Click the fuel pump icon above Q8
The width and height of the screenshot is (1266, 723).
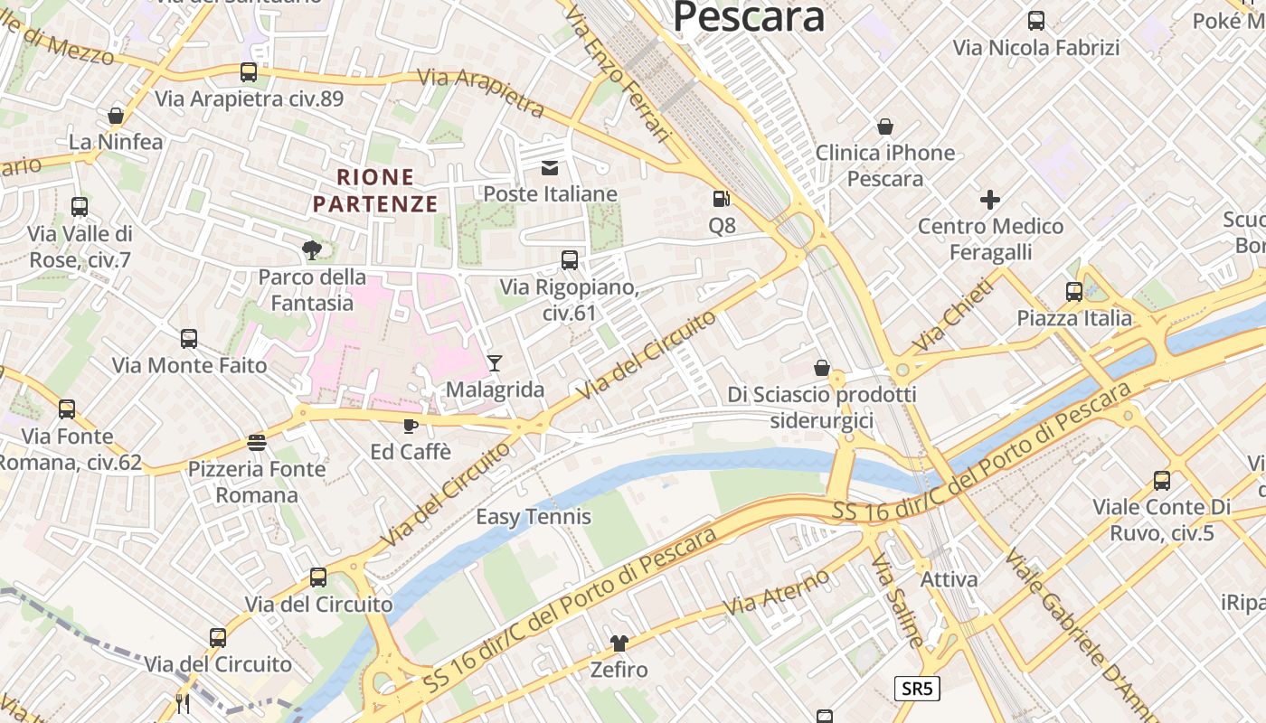tap(720, 199)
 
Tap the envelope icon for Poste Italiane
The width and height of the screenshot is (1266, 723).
tap(549, 167)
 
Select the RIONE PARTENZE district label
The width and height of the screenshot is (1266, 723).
tap(375, 191)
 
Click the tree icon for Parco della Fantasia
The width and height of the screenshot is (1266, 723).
tap(312, 249)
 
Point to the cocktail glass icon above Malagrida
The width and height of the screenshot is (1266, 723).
tap(494, 363)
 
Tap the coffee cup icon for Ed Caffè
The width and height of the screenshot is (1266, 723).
tap(410, 425)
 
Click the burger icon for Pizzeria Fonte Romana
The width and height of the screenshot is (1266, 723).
tap(257, 443)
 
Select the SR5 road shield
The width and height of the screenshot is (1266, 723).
tap(917, 689)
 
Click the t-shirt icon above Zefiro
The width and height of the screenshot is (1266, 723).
tap(619, 643)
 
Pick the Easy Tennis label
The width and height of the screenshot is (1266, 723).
tap(534, 517)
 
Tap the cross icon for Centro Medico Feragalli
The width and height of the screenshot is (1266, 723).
tap(990, 199)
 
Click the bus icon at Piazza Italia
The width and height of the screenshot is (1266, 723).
tap(1074, 292)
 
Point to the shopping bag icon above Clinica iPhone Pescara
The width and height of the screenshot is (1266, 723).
tap(885, 127)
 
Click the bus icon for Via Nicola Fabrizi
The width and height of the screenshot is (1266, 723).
tap(1036, 21)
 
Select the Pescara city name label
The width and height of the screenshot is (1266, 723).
tap(749, 17)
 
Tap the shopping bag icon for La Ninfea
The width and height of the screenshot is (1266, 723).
tap(116, 116)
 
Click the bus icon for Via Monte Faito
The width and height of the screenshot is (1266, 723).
tap(189, 339)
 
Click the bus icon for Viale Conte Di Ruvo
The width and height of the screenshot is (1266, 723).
tap(1162, 481)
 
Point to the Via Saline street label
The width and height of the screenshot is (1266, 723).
tap(896, 601)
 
